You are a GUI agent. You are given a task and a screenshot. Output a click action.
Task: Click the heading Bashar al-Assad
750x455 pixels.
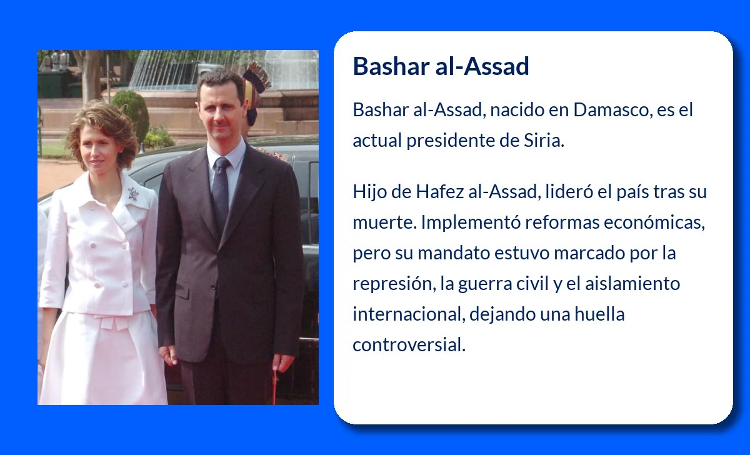click(x=441, y=66)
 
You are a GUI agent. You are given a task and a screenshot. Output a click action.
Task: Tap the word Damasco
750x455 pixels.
click(x=601, y=111)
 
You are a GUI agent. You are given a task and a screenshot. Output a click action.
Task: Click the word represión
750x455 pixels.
click(x=392, y=284)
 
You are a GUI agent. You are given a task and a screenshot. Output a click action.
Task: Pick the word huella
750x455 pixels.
click(x=601, y=314)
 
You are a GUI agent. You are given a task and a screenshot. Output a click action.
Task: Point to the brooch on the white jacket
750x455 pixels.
click(x=132, y=194)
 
